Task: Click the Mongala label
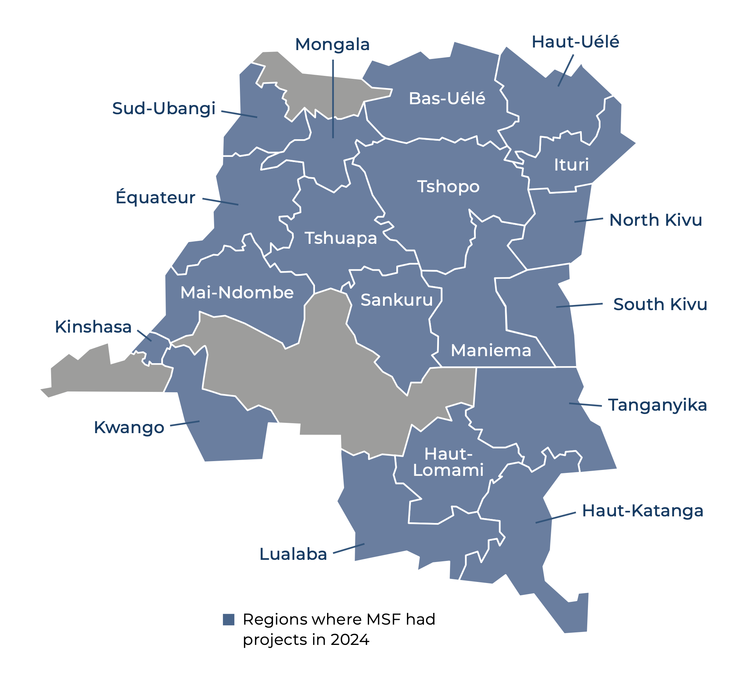[332, 45]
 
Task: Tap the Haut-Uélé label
[575, 42]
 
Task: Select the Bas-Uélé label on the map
[447, 99]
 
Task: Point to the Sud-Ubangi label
[163, 109]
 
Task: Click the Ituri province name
[571, 165]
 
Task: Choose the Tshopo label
[448, 186]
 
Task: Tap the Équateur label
[155, 197]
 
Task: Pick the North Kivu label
[655, 220]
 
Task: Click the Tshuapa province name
[341, 238]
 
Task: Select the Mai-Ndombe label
[237, 293]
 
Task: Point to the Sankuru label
[396, 300]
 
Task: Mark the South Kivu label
[660, 305]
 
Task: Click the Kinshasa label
[93, 327]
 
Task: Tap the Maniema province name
[491, 350]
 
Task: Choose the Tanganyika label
[657, 405]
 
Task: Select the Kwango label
[129, 428]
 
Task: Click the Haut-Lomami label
[448, 462]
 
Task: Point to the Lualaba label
[293, 554]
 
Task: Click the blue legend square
[228, 620]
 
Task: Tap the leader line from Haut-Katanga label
[555, 518]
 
